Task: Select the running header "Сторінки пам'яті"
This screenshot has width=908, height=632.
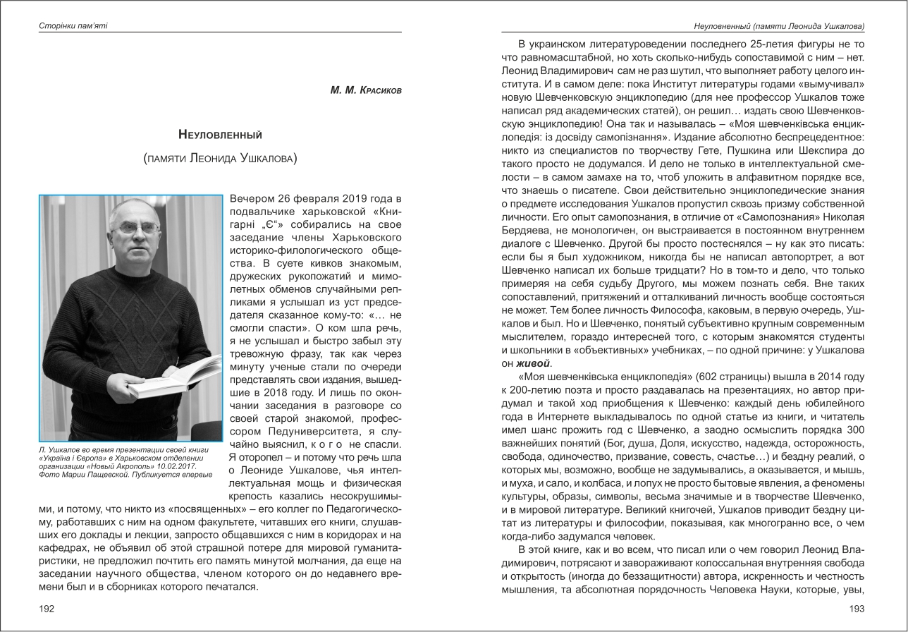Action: (73, 26)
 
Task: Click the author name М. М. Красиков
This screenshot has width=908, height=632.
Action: (366, 90)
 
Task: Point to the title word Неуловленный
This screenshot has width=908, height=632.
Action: (220, 134)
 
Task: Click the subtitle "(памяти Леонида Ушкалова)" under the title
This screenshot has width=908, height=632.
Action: (220, 158)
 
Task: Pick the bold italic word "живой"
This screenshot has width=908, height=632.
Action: (533, 364)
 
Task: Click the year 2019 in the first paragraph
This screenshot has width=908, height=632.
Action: (355, 197)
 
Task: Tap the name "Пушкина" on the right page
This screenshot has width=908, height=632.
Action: (730, 150)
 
